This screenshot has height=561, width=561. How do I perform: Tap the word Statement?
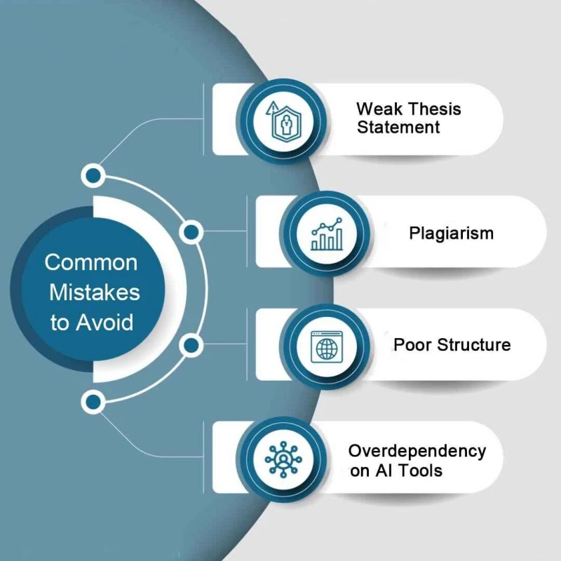(398, 128)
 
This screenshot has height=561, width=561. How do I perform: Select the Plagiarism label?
(451, 233)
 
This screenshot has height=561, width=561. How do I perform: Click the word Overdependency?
(417, 451)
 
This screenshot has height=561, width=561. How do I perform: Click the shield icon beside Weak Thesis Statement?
(285, 119)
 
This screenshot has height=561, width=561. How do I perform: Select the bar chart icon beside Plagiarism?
(327, 234)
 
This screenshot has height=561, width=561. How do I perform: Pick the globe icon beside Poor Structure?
(327, 346)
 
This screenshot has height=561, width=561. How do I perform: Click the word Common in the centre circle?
(91, 263)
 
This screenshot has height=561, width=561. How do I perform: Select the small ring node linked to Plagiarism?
(190, 232)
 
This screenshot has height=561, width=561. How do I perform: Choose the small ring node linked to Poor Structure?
(190, 345)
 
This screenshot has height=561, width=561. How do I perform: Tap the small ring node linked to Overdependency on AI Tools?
(93, 402)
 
